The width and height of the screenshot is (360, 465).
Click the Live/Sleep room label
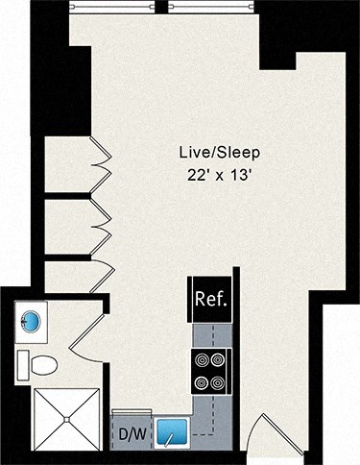coord(220,153)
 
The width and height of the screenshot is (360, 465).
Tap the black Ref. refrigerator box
coord(210,298)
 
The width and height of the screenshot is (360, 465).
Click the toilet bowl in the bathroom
coord(42,365)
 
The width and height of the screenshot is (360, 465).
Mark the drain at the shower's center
coord(66,419)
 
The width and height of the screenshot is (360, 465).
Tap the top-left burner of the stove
coord(202,361)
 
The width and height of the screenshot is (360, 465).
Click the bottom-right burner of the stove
coord(220,382)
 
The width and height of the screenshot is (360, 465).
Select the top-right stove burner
coord(220,361)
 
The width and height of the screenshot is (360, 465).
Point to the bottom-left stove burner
coord(202,382)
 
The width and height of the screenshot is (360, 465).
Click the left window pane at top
coord(112,5)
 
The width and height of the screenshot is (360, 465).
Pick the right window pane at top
coord(208,5)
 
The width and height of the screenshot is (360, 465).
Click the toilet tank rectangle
coord(22,364)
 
